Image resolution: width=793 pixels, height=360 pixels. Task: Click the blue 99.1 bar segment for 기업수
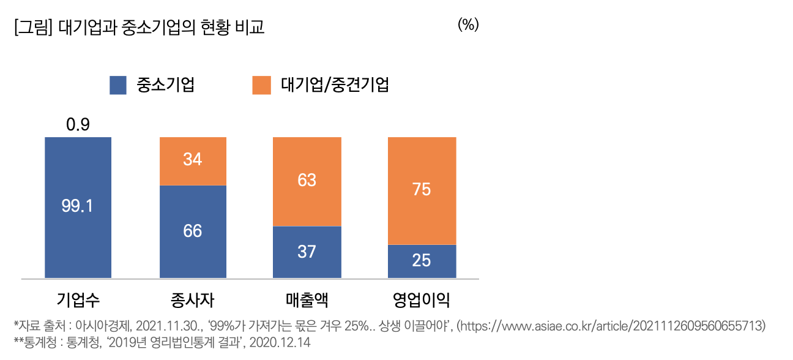tap(78, 207)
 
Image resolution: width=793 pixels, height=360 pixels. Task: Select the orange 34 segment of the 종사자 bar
tap(193, 160)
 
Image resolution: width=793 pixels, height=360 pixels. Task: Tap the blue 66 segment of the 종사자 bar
tap(193, 231)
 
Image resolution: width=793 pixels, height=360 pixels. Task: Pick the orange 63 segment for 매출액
tap(307, 181)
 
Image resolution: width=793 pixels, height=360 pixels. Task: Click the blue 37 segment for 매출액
tap(307, 251)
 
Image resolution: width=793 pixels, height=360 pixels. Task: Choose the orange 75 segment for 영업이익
tap(422, 190)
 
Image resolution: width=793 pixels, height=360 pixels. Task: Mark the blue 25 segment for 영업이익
tap(422, 260)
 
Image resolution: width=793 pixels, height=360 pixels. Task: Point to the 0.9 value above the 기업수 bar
tap(78, 125)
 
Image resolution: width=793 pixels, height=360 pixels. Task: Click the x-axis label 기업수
tap(78, 300)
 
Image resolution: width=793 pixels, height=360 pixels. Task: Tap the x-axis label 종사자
tap(193, 300)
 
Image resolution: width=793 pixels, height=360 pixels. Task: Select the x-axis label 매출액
tap(307, 300)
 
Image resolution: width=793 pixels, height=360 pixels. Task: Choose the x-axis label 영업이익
tap(422, 300)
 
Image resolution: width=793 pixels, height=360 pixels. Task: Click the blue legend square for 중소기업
tap(118, 85)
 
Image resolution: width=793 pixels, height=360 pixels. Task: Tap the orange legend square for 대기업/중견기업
tap(261, 85)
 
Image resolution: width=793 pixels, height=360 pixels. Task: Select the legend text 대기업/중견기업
tap(335, 85)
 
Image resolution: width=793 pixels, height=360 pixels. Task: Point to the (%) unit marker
tap(468, 25)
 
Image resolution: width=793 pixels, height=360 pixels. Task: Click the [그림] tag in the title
tap(33, 28)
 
